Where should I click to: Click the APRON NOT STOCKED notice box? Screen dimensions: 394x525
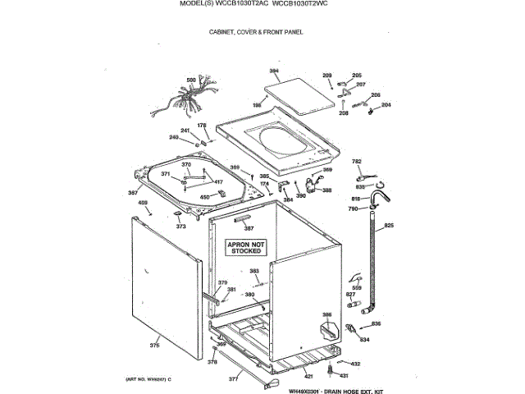pyautogui.click(x=246, y=247)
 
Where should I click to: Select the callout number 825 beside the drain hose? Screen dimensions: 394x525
pyautogui.click(x=389, y=225)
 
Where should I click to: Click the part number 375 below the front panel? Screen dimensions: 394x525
pyautogui.click(x=154, y=346)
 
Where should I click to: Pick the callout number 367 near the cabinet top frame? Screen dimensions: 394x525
pyautogui.click(x=132, y=193)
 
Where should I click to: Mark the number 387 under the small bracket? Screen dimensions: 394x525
pyautogui.click(x=248, y=227)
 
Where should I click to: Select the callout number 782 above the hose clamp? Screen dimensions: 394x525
pyautogui.click(x=357, y=162)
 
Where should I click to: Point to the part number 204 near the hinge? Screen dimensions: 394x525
pyautogui.click(x=386, y=105)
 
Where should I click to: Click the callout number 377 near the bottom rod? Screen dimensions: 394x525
pyautogui.click(x=233, y=379)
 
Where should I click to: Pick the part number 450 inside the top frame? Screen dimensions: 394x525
pyautogui.click(x=204, y=196)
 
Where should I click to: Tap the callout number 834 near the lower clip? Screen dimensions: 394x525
pyautogui.click(x=364, y=339)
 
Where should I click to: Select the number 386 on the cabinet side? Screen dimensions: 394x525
pyautogui.click(x=326, y=315)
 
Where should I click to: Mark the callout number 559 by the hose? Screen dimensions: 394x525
pyautogui.click(x=356, y=286)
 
